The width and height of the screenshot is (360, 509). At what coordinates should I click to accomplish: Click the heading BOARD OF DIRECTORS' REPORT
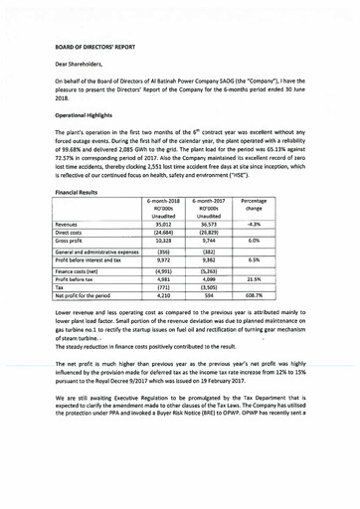pos(97,47)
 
